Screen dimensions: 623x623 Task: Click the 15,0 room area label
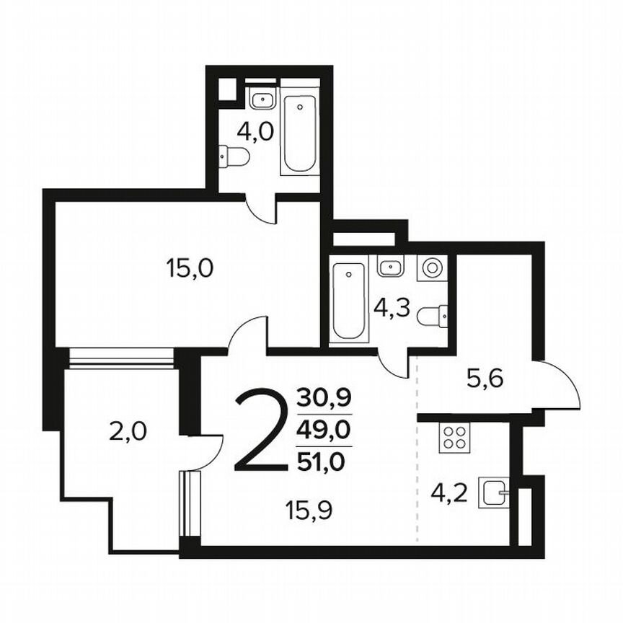point(190,270)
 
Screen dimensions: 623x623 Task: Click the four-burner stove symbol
point(454,438)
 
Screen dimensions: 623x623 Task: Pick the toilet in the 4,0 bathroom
point(234,154)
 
